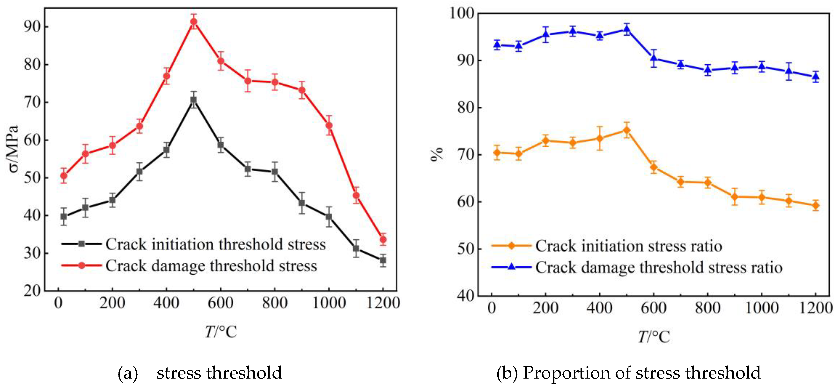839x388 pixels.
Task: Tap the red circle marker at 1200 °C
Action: [383, 239]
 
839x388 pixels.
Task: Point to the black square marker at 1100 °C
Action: [356, 249]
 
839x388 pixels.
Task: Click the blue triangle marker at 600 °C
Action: [654, 58]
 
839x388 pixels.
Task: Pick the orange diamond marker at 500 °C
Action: [627, 130]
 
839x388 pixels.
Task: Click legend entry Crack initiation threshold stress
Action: [215, 244]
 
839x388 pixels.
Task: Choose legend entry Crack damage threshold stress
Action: [211, 266]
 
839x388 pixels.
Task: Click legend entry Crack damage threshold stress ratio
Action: [659, 268]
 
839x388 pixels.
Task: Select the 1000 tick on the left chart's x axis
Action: [329, 303]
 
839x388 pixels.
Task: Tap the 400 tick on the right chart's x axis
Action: [600, 308]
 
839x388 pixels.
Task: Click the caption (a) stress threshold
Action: [200, 373]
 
